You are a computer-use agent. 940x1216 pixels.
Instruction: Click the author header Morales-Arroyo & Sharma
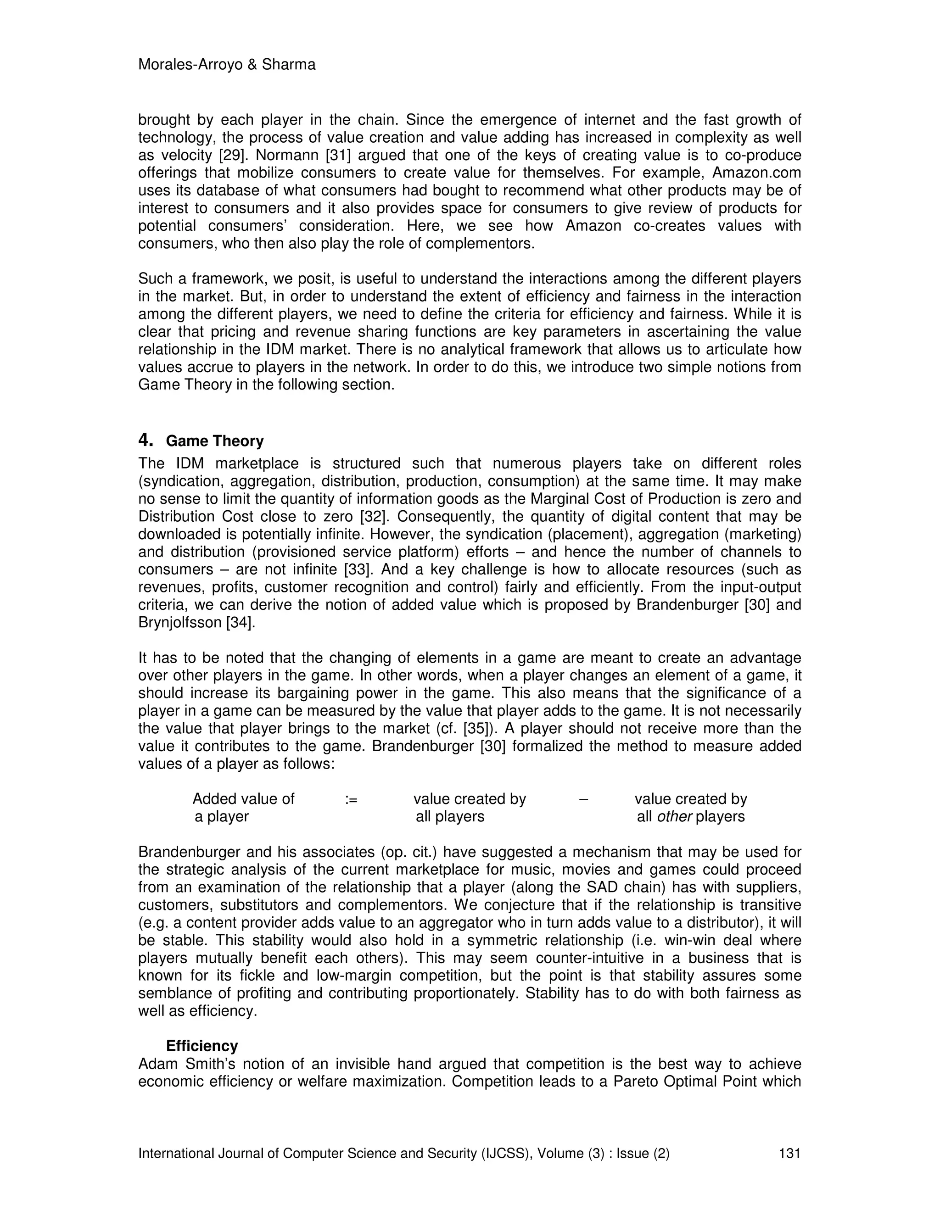227,65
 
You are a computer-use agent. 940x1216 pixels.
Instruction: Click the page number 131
789,1153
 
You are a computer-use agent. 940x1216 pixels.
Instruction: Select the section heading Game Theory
214,441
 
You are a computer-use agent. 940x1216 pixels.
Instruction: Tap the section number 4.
145,441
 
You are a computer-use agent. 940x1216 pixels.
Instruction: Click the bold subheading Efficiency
201,1046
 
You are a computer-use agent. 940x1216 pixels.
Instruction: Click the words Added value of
243,799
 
